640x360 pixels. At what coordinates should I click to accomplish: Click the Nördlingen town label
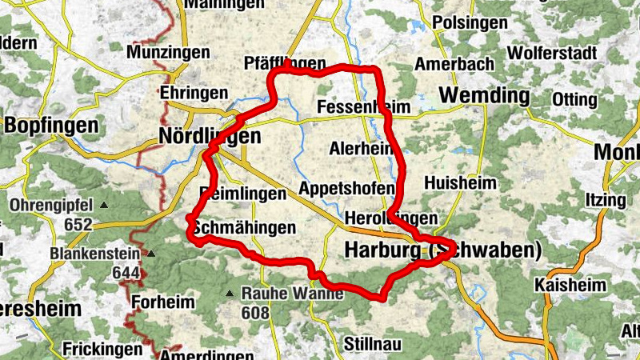pyautogui.click(x=210, y=137)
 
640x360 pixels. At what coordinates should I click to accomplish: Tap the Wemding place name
pyautogui.click(x=485, y=97)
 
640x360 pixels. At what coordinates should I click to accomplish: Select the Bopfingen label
pyautogui.click(x=51, y=126)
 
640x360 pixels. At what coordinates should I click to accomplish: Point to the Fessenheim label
pyautogui.click(x=363, y=107)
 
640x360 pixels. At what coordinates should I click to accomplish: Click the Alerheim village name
pyautogui.click(x=360, y=148)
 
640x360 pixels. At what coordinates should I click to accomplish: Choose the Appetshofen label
pyautogui.click(x=346, y=189)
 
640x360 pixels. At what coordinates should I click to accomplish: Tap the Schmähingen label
pyautogui.click(x=244, y=228)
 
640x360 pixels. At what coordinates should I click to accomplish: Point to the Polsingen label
pyautogui.click(x=470, y=22)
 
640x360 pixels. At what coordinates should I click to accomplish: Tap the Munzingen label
pyautogui.click(x=168, y=53)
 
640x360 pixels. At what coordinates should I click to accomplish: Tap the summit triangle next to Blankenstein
pyautogui.click(x=151, y=254)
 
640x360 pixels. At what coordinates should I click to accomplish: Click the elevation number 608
pyautogui.click(x=255, y=312)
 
